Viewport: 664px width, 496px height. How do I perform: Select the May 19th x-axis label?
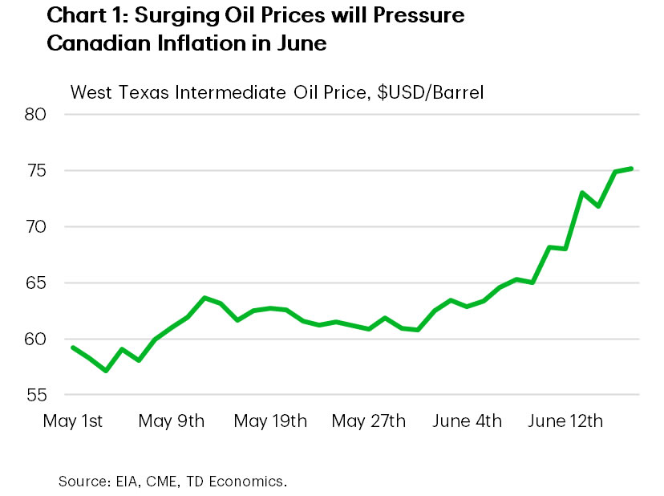(270, 421)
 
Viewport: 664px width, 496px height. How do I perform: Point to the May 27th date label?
(369, 421)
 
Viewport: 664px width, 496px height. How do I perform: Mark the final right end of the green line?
(632, 169)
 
